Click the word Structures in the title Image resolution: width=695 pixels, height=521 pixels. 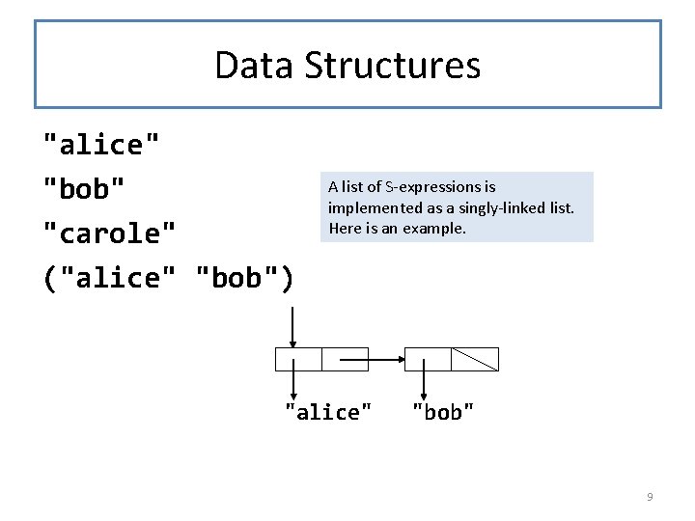coord(392,66)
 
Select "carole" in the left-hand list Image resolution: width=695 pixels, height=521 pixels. coord(111,233)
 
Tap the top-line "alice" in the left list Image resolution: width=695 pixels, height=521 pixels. coord(101,145)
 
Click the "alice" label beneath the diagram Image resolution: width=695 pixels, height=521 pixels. coord(328,412)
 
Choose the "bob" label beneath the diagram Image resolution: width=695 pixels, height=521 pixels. coord(443,412)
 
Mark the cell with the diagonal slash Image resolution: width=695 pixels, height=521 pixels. coord(475,359)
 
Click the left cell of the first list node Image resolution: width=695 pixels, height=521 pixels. coord(298,359)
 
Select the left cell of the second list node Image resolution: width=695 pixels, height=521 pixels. coord(428,359)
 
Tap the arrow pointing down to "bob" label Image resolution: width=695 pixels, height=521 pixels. coord(426,378)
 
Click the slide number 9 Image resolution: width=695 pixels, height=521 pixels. coord(650,497)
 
